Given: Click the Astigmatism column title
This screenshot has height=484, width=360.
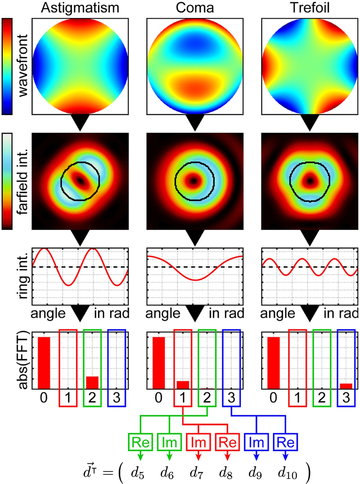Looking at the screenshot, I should pos(80,8).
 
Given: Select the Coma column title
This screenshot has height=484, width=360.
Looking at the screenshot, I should pos(195,8).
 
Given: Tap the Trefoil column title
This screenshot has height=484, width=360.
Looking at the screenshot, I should pos(310,8).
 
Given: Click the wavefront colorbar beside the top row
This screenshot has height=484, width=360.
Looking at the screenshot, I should pos(7,66).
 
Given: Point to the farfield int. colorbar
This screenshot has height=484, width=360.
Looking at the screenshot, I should pos(7,181).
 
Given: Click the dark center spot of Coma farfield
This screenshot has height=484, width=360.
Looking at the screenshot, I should pos(194,181).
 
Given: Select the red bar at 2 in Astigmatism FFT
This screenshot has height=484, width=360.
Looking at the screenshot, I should pos(92,383).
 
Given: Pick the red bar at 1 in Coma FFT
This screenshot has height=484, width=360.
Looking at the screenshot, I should pos(183,385).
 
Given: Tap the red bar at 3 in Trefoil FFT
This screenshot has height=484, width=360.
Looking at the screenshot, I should pos(346,386).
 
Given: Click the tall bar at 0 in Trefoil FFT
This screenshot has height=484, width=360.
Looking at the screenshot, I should pos(273,363).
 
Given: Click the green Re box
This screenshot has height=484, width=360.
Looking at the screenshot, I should pos(140,442).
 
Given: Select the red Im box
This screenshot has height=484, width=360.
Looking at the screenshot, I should pos(198,442).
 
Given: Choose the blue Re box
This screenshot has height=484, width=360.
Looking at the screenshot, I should pos(285,442).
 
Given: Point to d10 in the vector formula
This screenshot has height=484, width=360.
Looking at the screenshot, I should pos(287,473).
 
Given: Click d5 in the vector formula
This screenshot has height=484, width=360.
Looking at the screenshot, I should pos(138,473).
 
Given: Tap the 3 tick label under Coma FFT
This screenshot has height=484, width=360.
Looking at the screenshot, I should pos(231,398).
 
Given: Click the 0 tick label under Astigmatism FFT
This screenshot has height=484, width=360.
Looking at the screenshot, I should pos(44,398).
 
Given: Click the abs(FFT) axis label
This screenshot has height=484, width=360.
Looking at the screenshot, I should pos(23,360).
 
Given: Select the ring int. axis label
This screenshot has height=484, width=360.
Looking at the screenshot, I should pos(23,275).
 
